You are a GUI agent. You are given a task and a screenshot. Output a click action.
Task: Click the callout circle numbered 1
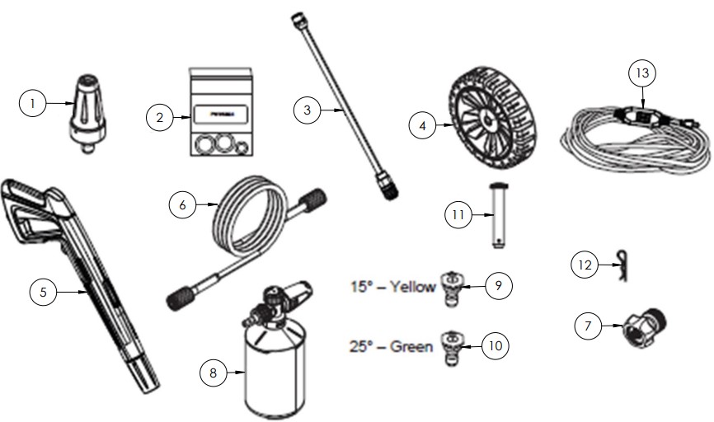coord(33,103)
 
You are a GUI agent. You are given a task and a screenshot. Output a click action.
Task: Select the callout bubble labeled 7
coord(587,326)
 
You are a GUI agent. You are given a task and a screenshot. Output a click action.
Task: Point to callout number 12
coord(585,265)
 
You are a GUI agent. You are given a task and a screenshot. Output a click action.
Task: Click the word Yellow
coord(413,288)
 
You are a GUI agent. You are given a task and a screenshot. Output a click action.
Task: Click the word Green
coord(411,347)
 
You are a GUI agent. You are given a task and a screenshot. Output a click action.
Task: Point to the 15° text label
coord(364,288)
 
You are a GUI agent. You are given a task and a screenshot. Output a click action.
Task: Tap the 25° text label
coord(363,347)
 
